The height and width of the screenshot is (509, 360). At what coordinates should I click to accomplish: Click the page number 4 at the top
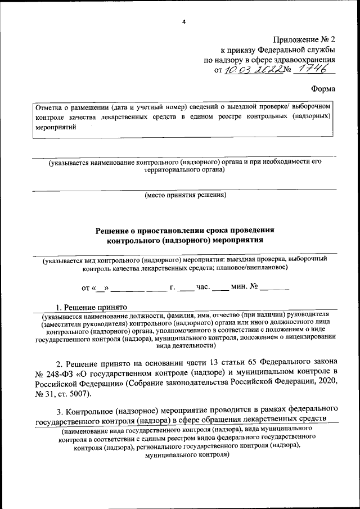(184, 22)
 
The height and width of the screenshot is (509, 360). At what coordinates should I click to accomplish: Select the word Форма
(323, 89)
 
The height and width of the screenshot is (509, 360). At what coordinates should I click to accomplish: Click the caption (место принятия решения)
(185, 195)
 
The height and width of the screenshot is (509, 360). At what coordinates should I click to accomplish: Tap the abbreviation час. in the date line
(203, 288)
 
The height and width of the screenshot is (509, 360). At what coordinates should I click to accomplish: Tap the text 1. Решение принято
(92, 307)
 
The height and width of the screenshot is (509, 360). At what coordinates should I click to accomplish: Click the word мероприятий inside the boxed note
(55, 127)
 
